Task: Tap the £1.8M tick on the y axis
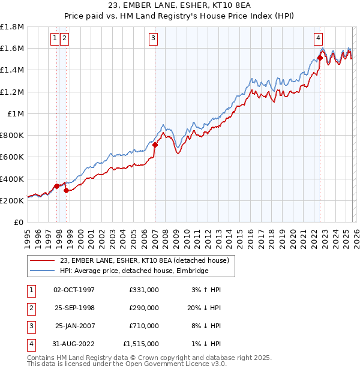click(12, 27)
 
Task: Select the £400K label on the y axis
click(12, 179)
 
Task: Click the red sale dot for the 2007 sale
click(155, 145)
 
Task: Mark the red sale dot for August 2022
click(320, 58)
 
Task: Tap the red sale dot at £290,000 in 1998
click(65, 190)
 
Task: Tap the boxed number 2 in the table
click(30, 307)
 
